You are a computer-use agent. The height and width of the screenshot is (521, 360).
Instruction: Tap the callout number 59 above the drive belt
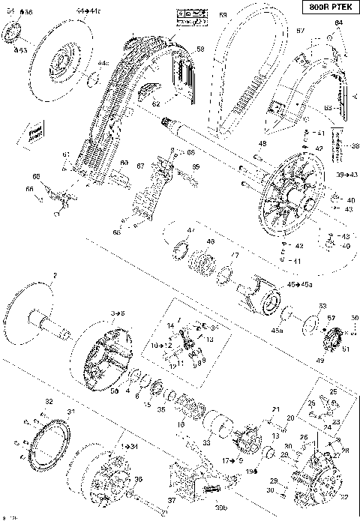(223, 15)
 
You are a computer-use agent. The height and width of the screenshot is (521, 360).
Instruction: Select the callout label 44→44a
(87, 13)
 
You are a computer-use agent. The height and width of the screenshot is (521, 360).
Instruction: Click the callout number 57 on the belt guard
(301, 31)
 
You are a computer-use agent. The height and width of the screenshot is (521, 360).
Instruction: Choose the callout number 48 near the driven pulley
(262, 143)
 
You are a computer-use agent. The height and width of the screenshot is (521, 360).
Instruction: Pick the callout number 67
(139, 166)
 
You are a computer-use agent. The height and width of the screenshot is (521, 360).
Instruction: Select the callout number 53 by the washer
(322, 306)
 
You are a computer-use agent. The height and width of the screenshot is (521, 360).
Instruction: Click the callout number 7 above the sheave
(55, 275)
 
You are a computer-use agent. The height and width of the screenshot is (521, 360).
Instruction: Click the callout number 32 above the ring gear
(49, 402)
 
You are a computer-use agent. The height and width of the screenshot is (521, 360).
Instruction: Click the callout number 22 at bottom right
(345, 496)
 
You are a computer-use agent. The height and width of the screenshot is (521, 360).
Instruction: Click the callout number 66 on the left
(31, 189)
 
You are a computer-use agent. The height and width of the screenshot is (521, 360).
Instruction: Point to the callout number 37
(172, 500)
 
